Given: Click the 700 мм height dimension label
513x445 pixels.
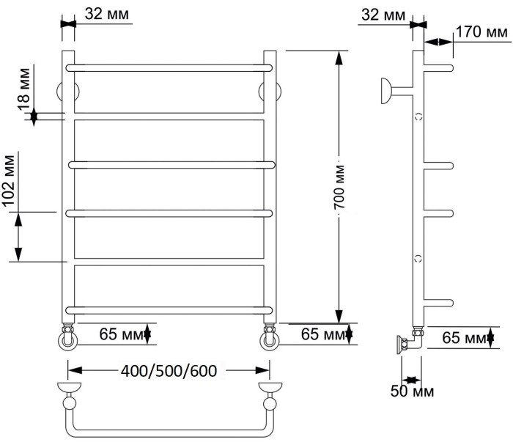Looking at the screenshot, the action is [340, 187].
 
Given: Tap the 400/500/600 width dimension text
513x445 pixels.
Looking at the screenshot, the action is [169, 371].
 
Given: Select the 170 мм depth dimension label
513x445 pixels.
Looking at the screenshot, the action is [481, 32].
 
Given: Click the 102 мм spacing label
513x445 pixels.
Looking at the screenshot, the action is [9, 180].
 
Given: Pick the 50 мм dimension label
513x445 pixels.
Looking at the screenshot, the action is [412, 391].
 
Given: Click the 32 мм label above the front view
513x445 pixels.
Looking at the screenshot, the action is [107, 14].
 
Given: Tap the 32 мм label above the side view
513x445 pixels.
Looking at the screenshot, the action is [383, 15].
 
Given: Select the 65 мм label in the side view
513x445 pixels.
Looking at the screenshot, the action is [464, 338].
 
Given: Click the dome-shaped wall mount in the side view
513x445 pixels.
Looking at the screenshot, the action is [385, 91].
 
